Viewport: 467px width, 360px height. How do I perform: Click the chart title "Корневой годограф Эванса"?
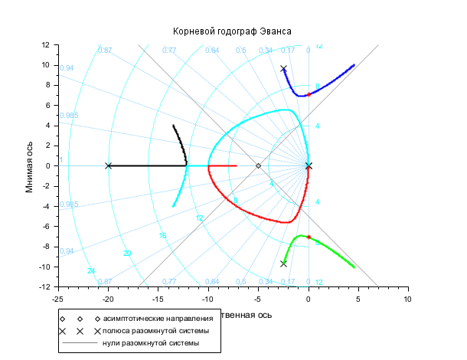point(233,30)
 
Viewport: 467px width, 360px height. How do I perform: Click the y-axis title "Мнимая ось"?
point(30,165)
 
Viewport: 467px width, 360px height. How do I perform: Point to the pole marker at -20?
point(108,165)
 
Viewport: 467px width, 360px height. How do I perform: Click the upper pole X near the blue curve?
point(283,69)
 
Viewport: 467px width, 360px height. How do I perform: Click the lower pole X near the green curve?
point(283,263)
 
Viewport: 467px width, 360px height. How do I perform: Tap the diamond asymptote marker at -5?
point(258,165)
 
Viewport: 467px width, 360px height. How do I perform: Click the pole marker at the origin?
point(309,165)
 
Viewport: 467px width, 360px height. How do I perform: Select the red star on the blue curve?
point(309,94)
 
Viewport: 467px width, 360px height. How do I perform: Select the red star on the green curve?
point(309,237)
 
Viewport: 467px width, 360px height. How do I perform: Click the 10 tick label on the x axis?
point(408,299)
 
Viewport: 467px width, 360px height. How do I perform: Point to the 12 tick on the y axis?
point(46,45)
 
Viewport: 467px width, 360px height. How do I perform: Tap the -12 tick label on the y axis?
point(44,286)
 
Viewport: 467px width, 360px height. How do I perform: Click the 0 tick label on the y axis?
point(49,165)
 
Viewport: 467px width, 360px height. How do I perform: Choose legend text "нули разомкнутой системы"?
point(151,343)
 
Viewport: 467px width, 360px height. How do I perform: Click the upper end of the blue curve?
point(354,65)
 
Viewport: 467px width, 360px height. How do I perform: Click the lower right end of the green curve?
point(354,267)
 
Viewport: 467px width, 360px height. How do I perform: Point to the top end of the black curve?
point(173,126)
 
